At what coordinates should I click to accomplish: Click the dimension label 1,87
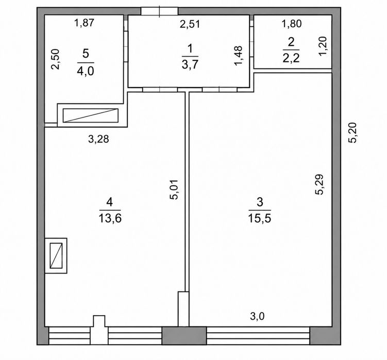tap(85, 23)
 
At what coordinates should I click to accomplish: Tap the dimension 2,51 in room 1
tap(190, 24)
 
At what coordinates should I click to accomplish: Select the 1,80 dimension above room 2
tap(292, 24)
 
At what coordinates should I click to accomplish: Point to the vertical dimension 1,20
tap(323, 46)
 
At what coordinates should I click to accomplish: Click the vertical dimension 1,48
tap(239, 56)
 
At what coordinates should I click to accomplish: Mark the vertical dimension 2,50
tap(55, 59)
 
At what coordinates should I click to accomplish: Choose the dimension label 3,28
tap(98, 139)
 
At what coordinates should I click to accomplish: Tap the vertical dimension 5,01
tap(175, 190)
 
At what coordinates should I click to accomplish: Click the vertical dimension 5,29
tap(319, 184)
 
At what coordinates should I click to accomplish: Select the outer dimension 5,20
tap(352, 133)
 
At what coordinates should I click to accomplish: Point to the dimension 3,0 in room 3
tap(257, 316)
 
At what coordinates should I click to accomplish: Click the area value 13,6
tap(110, 218)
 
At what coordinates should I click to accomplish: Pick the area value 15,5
tap(260, 218)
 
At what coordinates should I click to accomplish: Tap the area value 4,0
tap(86, 71)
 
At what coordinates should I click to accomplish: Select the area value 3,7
tap(190, 65)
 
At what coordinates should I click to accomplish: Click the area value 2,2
tap(291, 58)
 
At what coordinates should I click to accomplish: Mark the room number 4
tap(110, 202)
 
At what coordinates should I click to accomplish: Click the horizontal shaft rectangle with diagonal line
tap(91, 115)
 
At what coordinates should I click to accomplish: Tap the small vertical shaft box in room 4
tap(56, 255)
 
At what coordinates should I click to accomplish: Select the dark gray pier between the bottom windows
tap(184, 335)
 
